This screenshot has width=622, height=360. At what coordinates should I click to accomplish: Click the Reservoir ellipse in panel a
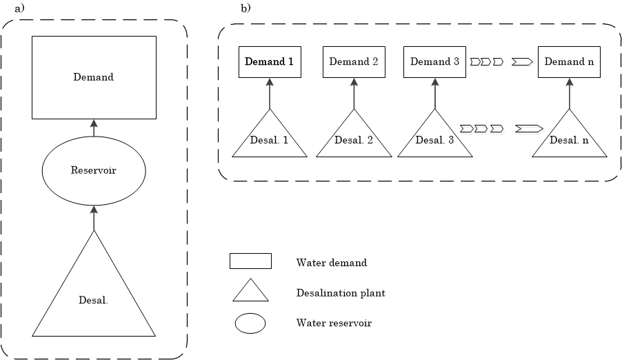pyautogui.click(x=94, y=170)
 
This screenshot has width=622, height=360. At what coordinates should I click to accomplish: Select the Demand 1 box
pyautogui.click(x=270, y=62)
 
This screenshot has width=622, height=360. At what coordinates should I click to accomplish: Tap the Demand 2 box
pyautogui.click(x=354, y=62)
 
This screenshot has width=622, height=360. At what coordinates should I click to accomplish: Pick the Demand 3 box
pyautogui.click(x=434, y=62)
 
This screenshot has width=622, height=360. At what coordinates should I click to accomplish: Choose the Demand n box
pyautogui.click(x=569, y=62)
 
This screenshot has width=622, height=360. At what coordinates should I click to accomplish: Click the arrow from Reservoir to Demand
pyautogui.click(x=94, y=127)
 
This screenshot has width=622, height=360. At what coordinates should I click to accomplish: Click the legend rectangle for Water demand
pyautogui.click(x=250, y=261)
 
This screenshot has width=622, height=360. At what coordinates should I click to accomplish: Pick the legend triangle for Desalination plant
pyautogui.click(x=250, y=293)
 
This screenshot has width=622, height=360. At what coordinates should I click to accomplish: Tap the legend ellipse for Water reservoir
pyautogui.click(x=250, y=323)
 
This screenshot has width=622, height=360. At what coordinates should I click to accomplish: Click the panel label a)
pyautogui.click(x=19, y=8)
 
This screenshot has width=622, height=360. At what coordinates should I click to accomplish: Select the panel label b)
pyautogui.click(x=245, y=8)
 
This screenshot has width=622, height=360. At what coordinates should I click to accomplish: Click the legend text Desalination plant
pyautogui.click(x=341, y=293)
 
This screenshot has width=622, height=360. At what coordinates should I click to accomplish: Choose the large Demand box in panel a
pyautogui.click(x=94, y=77)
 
